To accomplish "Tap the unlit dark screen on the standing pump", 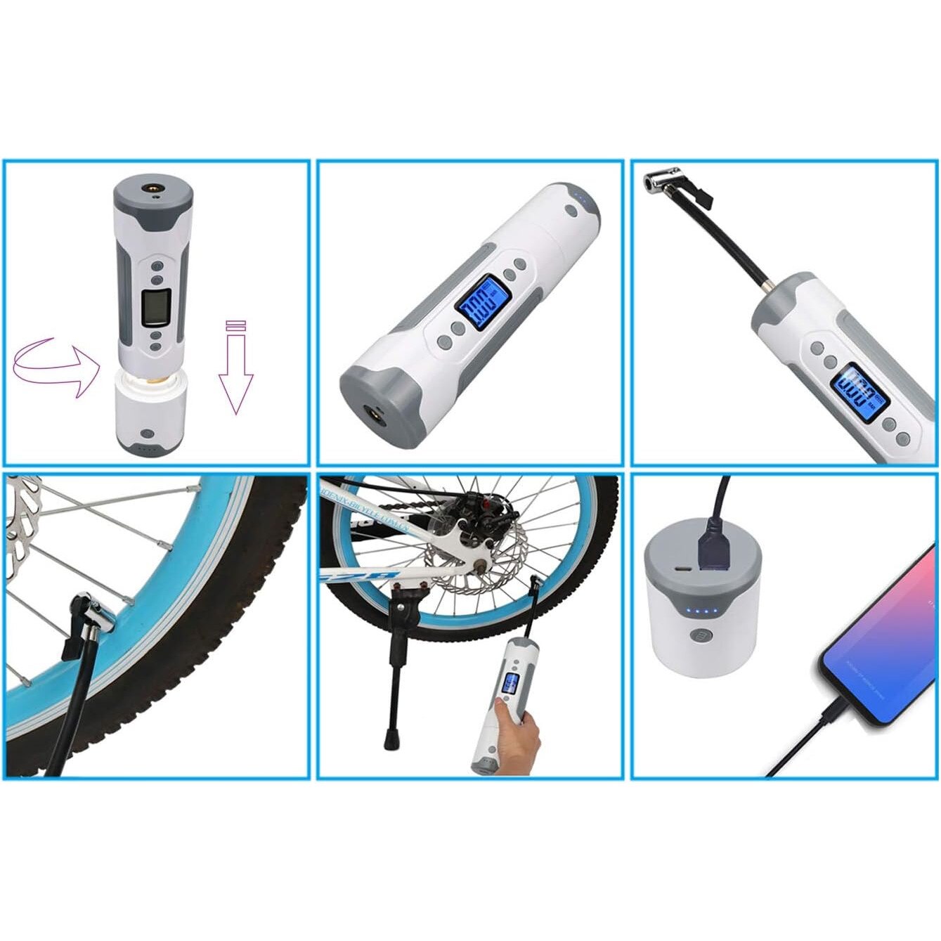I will tap(154, 306).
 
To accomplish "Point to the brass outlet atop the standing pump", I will tap(151, 188).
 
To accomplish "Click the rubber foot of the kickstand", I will tap(388, 741).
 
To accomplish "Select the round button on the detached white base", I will tap(146, 436).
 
